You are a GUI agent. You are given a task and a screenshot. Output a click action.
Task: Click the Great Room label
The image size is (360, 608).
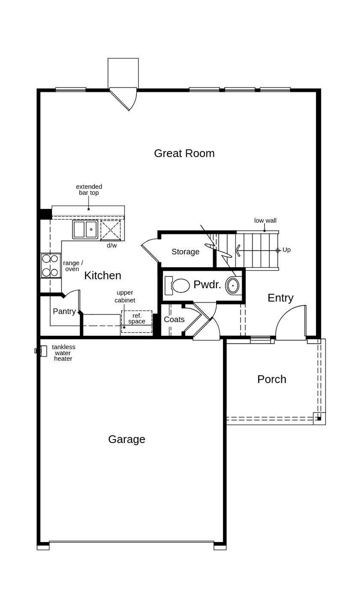click(184, 153)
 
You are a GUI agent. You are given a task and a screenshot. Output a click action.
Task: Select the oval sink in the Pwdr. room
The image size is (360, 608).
click(233, 286)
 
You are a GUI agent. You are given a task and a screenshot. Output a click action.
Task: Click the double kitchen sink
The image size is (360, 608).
click(85, 229)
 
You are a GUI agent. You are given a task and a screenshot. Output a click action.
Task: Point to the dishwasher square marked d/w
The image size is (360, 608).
click(111, 230)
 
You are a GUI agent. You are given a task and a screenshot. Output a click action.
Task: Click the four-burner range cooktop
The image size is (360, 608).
click(51, 266)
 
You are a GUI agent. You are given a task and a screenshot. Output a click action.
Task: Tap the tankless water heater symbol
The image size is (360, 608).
click(42, 351)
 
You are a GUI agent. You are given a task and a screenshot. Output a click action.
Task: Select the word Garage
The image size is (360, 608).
click(127, 439)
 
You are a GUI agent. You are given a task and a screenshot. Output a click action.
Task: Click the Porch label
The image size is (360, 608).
click(272, 379)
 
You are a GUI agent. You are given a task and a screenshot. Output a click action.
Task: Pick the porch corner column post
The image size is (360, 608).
click(319, 418)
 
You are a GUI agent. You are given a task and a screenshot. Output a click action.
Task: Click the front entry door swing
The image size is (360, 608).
click(291, 322)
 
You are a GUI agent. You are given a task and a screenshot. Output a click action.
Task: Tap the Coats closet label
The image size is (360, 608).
click(174, 320)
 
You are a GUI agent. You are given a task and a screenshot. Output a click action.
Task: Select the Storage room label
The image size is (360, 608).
click(185, 252)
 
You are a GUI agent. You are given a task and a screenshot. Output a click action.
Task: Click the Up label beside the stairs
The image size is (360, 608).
click(286, 250)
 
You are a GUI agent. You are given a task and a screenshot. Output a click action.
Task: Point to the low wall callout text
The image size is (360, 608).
click(265, 221)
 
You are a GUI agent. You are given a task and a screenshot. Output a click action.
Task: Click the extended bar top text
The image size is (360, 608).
click(89, 190)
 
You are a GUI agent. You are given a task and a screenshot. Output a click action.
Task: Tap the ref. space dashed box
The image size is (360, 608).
click(137, 322)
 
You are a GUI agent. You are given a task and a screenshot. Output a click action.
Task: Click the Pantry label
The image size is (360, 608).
click(64, 311)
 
